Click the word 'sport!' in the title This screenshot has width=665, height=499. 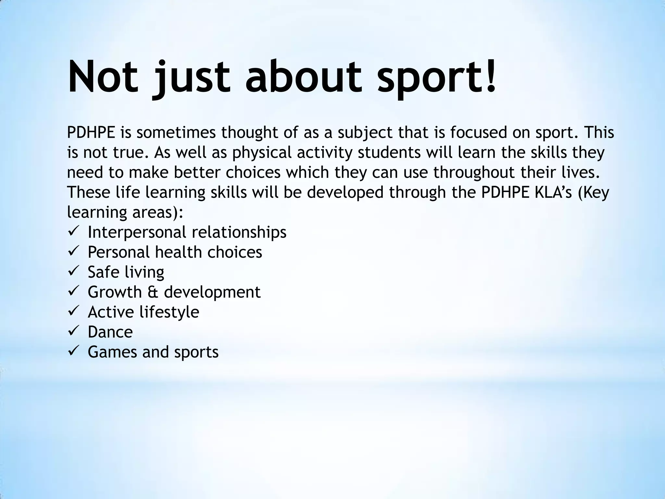pyautogui.click(x=436, y=78)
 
